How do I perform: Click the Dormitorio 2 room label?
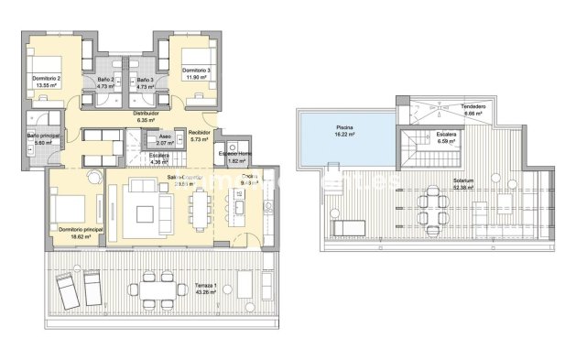pyautogui.click(x=46, y=79)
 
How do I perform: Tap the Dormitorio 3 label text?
pyautogui.click(x=197, y=71)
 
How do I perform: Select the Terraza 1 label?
pyautogui.click(x=205, y=287)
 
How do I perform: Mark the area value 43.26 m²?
pyautogui.click(x=205, y=293)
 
